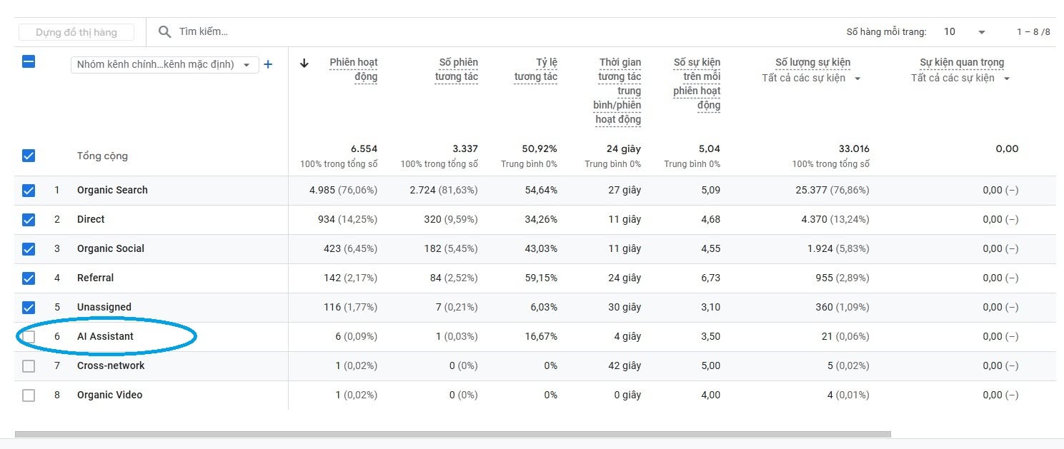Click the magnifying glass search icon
coord(164,32)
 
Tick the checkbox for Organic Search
coord(29,191)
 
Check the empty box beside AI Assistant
coord(29,336)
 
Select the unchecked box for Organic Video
coord(29,395)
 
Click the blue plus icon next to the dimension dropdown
coord(268,64)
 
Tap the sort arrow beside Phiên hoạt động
coord(304,63)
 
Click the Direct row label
coord(91,219)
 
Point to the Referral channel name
coord(96,278)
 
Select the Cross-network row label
coord(111,365)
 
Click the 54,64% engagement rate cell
coord(541,191)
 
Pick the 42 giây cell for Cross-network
coord(625,365)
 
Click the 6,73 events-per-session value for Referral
coord(710,278)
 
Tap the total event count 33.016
coord(854,148)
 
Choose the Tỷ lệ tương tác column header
coord(536,69)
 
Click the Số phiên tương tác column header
coord(457,69)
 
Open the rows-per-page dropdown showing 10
coord(964,32)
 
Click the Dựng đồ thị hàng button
coord(76,32)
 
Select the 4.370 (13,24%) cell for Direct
coord(835,219)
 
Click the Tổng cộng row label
coord(103,156)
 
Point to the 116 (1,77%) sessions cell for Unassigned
coord(351,307)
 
